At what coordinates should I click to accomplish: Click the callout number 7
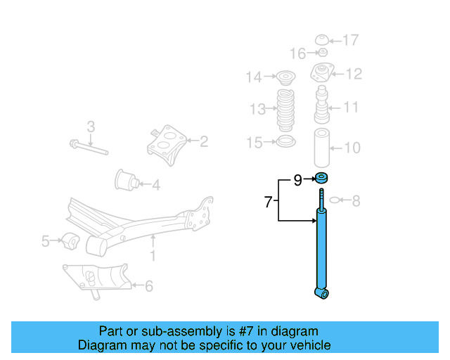(268, 202)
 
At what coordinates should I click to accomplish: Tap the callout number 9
(297, 181)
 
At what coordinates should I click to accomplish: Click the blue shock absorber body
(323, 250)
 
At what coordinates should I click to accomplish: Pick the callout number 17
(351, 40)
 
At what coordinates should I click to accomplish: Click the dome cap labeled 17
(323, 39)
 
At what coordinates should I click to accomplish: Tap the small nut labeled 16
(322, 53)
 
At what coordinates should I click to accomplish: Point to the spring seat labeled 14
(285, 77)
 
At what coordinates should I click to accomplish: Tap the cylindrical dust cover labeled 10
(323, 148)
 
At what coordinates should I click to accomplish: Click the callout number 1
(153, 256)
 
